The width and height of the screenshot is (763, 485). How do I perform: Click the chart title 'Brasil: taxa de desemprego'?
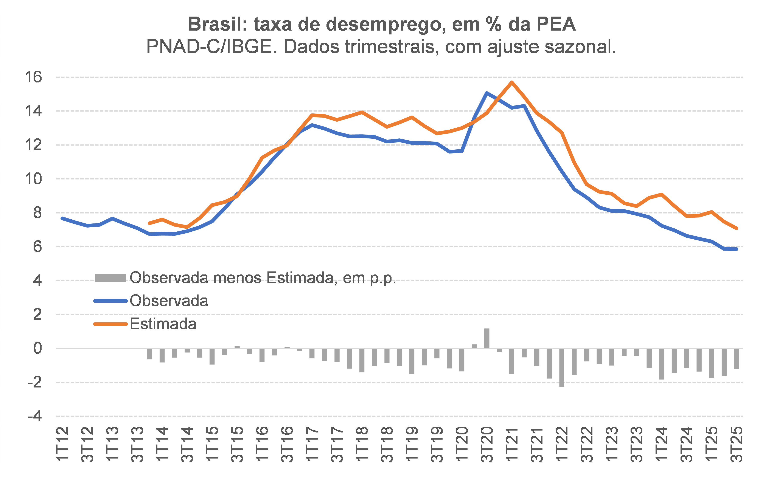pos(382,24)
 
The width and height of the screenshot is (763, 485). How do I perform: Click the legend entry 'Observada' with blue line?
pos(169,301)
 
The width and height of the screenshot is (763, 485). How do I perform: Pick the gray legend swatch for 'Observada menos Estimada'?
pos(110,278)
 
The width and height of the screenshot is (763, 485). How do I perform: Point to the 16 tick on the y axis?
pos(33,77)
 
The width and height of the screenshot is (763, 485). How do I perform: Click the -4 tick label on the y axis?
pos(35,416)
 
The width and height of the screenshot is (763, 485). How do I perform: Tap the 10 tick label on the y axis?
pos(33,179)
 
